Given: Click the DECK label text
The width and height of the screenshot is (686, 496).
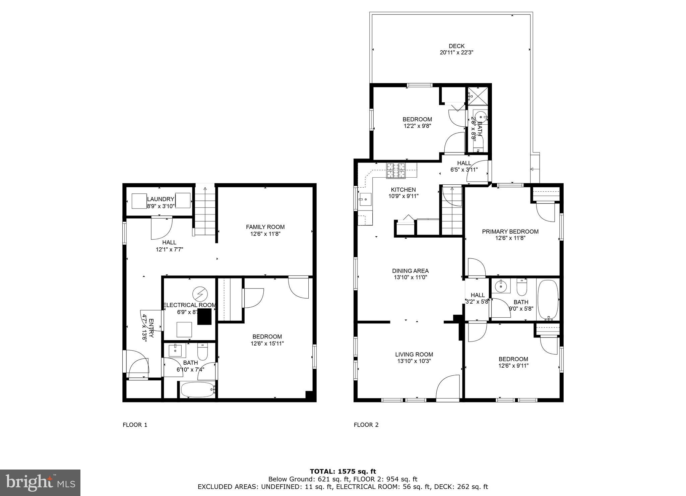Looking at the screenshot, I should click(456, 46).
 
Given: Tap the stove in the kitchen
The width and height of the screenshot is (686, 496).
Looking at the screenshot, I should click(396, 170).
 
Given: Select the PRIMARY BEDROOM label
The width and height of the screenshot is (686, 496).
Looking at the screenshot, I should click(510, 232).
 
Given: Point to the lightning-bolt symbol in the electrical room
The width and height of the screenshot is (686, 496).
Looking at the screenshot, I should click(200, 294).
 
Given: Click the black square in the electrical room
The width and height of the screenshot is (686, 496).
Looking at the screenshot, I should click(204, 317).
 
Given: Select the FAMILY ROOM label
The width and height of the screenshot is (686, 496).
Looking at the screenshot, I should click(265, 227).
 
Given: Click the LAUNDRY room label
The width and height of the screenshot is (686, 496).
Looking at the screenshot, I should click(161, 199).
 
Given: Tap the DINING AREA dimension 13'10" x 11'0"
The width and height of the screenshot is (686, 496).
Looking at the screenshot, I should click(410, 277).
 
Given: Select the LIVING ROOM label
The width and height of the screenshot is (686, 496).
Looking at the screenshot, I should click(414, 354).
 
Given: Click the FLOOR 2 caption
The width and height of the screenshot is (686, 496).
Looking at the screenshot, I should click(366, 425).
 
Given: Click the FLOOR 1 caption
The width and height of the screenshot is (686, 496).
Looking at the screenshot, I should click(135, 425).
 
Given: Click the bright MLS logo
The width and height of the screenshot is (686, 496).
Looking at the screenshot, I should click(40, 483).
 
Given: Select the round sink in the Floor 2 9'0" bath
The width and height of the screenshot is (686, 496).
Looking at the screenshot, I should click(501, 286).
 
